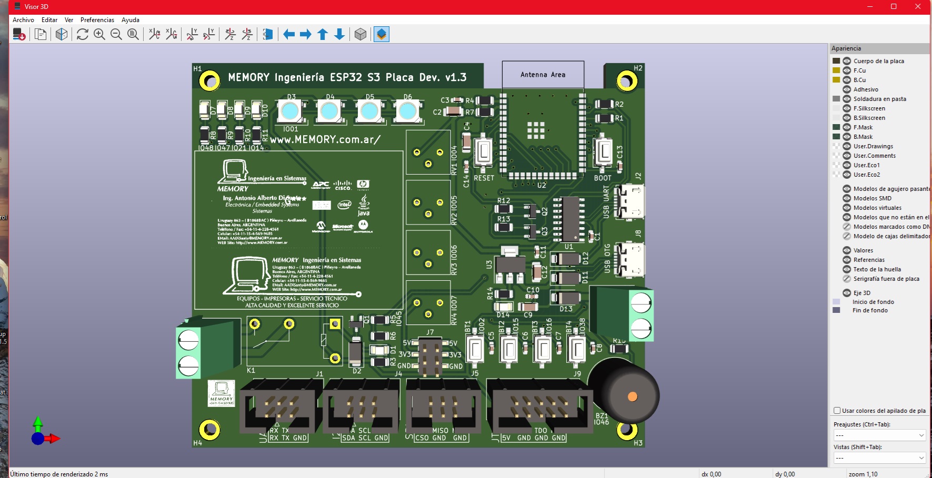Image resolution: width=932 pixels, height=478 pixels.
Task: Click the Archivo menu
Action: (x=23, y=20)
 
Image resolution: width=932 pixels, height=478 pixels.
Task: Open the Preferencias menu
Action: (x=97, y=20)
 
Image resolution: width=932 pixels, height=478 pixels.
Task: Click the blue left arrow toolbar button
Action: (x=289, y=35)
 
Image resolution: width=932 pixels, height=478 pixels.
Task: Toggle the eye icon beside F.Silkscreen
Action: (x=847, y=108)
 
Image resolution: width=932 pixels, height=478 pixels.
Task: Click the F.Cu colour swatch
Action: (x=836, y=70)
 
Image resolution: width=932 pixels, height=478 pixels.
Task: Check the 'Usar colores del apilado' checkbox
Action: (x=837, y=411)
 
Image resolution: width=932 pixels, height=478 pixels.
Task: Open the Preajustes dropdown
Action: (x=879, y=435)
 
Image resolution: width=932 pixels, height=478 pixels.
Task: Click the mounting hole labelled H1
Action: (x=209, y=81)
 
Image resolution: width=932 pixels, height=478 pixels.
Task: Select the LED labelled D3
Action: (x=289, y=111)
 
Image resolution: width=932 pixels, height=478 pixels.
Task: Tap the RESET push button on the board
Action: (x=483, y=152)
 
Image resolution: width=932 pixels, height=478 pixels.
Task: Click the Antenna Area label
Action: (x=543, y=75)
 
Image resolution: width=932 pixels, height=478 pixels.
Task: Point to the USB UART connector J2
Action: (x=629, y=202)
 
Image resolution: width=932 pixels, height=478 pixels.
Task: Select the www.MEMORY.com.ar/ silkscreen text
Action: (x=325, y=140)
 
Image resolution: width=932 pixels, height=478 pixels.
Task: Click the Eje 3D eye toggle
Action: (x=847, y=293)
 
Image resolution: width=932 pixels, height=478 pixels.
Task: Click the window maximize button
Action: (x=894, y=6)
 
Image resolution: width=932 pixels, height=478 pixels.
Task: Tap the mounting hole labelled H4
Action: (x=209, y=430)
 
